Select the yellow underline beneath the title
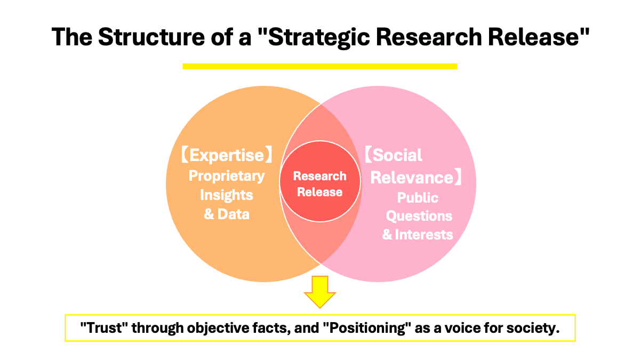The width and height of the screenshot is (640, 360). tap(320, 66)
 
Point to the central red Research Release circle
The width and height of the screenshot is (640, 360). tap(320, 184)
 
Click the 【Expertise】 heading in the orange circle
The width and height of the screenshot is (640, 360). tap(227, 155)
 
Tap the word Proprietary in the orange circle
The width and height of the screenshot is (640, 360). tap(227, 175)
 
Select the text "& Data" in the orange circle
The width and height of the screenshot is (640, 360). tap(227, 214)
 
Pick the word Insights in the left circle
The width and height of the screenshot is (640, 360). tap(227, 195)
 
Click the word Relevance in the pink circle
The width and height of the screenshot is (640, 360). tap(411, 177)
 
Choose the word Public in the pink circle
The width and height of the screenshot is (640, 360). tap(418, 198)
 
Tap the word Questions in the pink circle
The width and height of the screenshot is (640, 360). tap(419, 216)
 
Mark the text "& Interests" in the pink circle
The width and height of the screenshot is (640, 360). tap(418, 234)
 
